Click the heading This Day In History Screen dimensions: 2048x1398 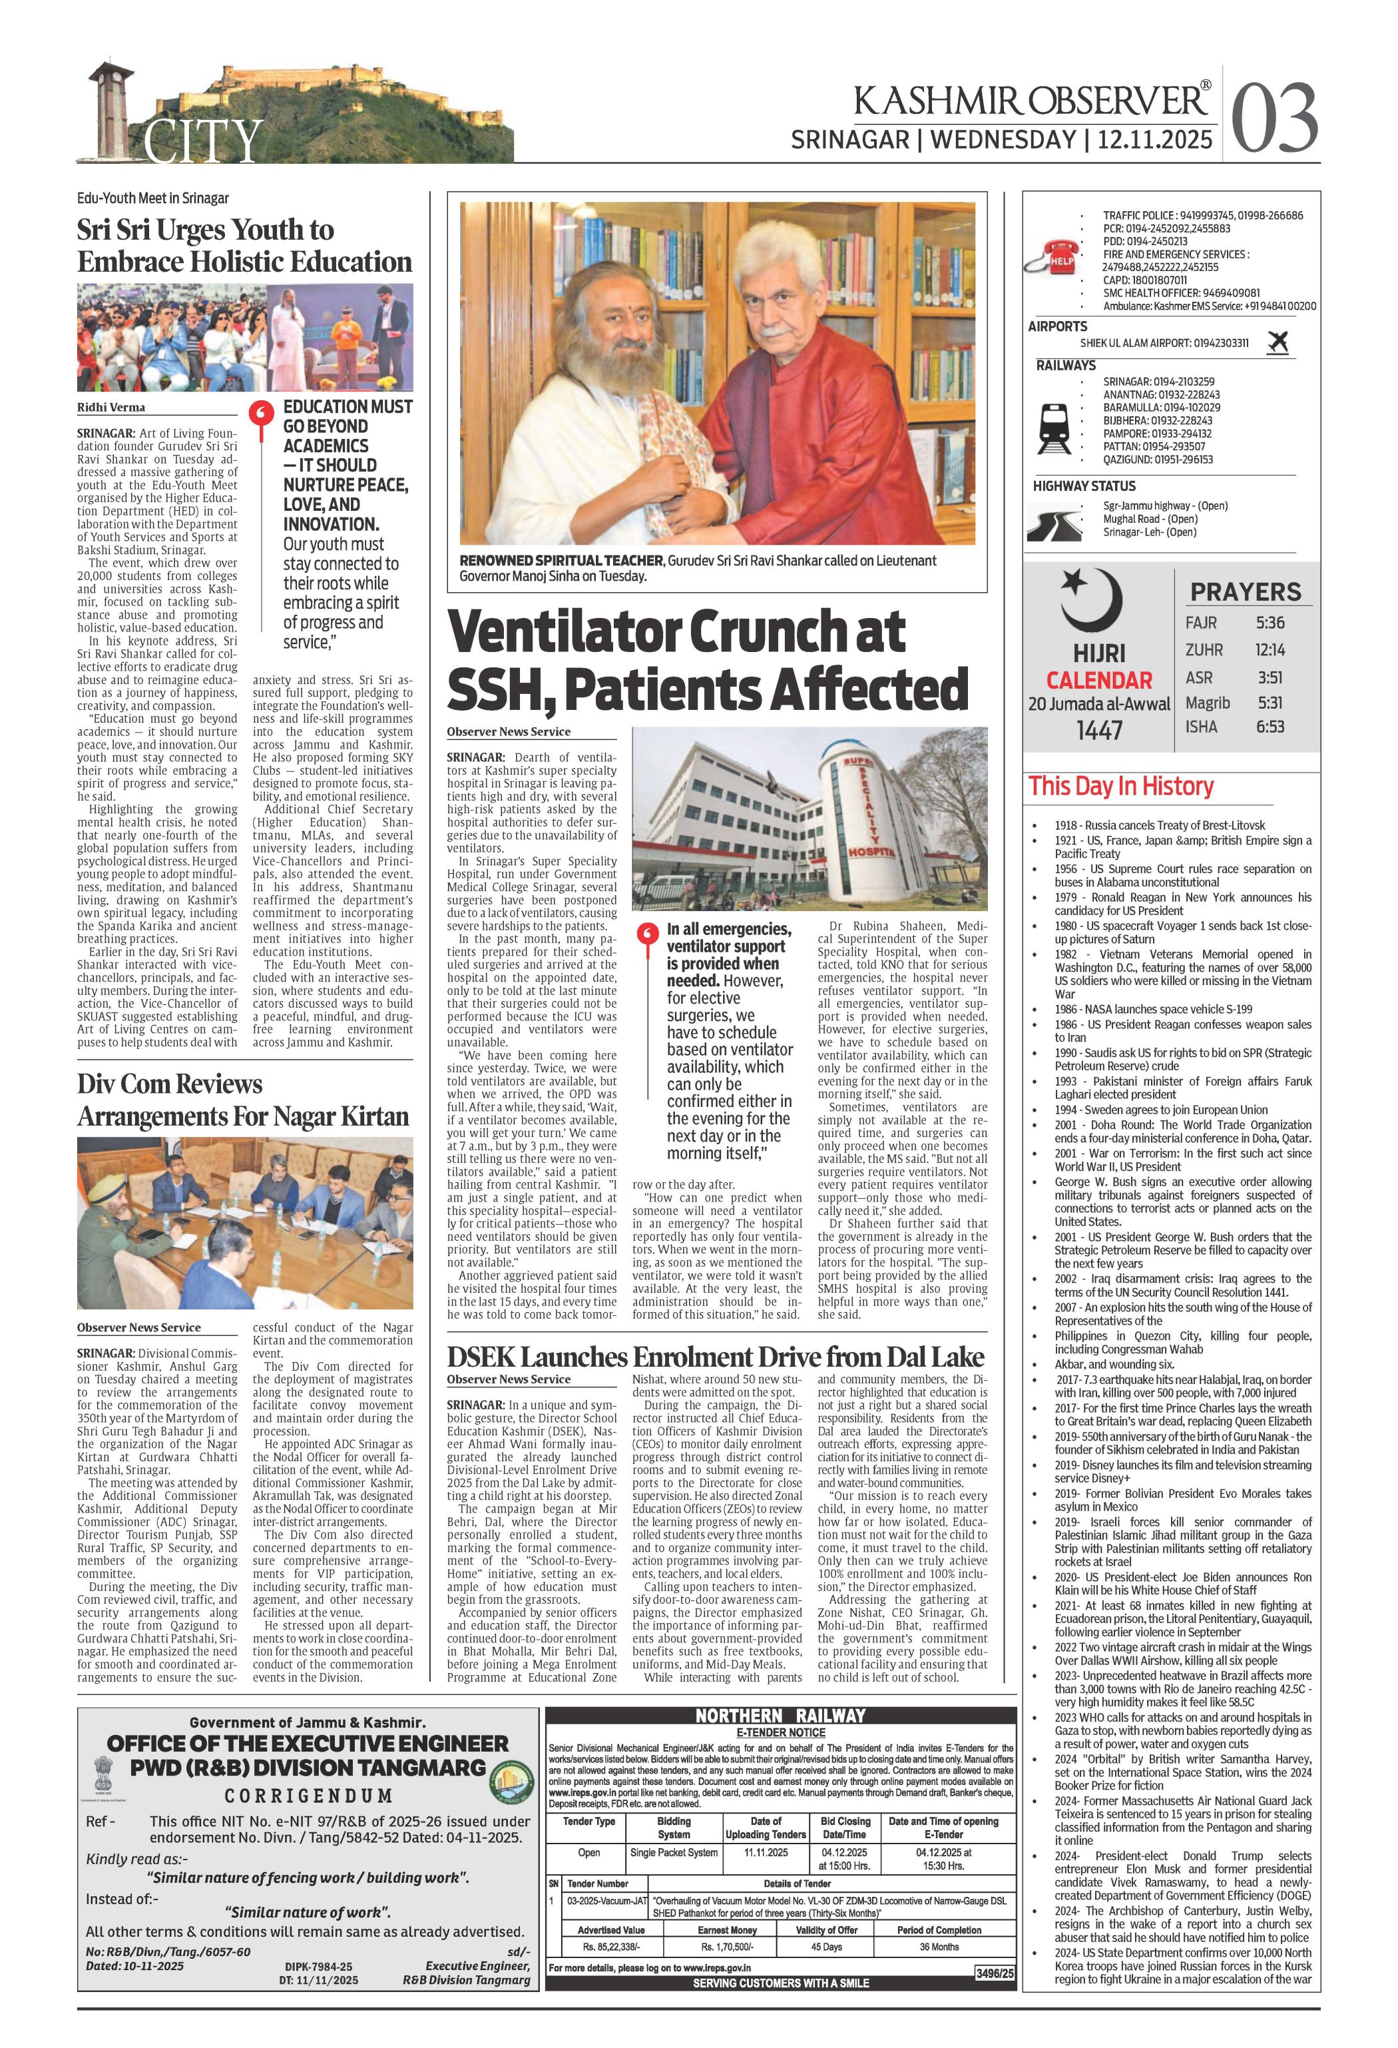coord(1120,785)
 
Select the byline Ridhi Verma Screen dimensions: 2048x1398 coord(111,407)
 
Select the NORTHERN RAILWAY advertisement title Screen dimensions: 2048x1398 coord(780,1716)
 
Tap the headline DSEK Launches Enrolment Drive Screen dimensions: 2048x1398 coord(714,1356)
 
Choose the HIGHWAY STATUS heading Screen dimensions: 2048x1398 coord(1084,486)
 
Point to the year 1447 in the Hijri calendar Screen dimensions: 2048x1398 coord(1098,730)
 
